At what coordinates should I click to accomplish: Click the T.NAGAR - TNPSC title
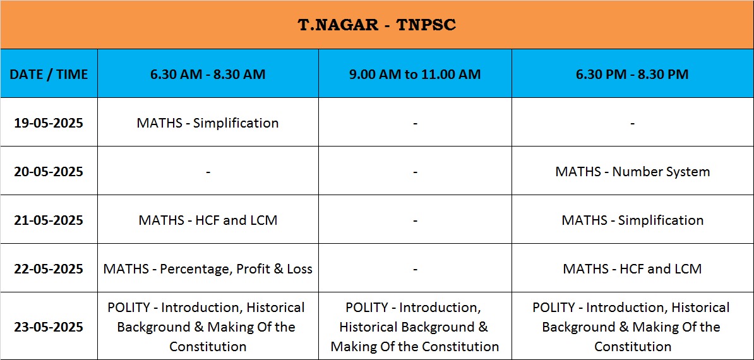tap(377, 25)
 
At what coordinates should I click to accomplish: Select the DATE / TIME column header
tap(49, 74)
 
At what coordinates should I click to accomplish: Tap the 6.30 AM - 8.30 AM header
tap(208, 74)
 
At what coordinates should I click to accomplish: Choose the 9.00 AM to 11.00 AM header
tap(415, 74)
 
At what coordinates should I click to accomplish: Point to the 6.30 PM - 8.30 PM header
tap(632, 74)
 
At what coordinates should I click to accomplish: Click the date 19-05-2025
tap(49, 123)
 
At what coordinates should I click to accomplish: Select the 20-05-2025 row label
tap(49, 172)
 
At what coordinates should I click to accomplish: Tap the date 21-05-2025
tap(49, 220)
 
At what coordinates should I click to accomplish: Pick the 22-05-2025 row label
tap(49, 268)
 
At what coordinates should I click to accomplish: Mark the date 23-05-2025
tap(49, 327)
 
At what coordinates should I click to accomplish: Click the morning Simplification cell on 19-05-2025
tap(208, 123)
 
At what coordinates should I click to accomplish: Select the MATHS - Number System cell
tap(632, 172)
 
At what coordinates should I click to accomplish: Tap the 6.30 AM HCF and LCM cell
tap(208, 220)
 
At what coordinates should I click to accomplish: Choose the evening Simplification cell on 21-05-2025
tap(632, 220)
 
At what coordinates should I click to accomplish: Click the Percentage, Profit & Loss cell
tap(208, 268)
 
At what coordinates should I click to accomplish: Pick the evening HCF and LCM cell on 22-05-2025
tap(632, 268)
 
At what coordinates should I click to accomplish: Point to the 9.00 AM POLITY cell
tap(415, 327)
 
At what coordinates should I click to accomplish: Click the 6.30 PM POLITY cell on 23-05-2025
tap(632, 327)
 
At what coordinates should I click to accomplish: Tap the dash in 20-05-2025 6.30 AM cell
tap(208, 172)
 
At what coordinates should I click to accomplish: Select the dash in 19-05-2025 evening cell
tap(632, 124)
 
